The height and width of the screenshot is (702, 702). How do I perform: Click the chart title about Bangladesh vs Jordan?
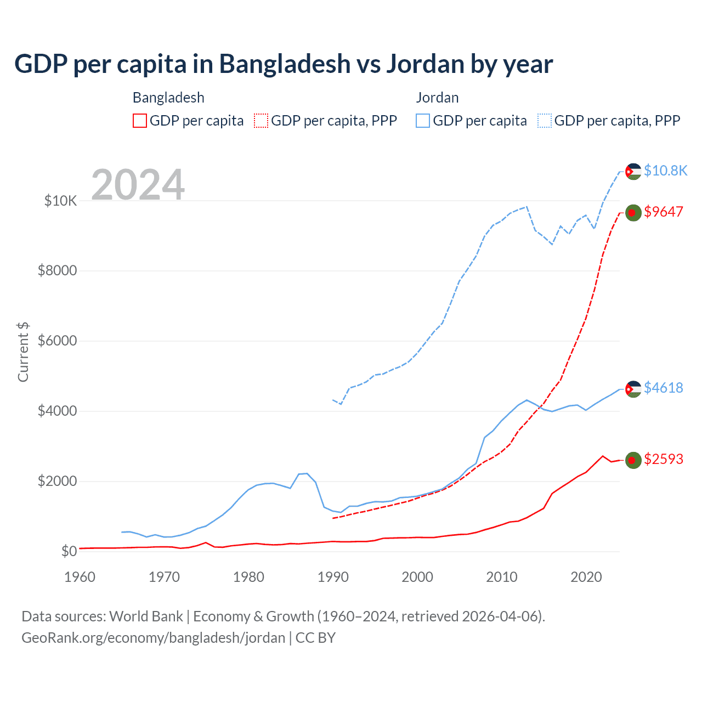[x=284, y=64]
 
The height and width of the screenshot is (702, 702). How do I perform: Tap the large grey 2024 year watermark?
[x=138, y=185]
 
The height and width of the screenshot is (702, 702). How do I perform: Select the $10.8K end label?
[x=665, y=171]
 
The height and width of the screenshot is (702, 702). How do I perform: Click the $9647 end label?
[x=664, y=212]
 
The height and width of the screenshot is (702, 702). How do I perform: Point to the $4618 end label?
[x=664, y=388]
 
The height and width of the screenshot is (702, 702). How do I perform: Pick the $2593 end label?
[x=664, y=459]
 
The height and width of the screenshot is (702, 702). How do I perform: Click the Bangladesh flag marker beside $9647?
[x=633, y=213]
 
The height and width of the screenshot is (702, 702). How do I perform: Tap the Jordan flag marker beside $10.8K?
[x=633, y=172]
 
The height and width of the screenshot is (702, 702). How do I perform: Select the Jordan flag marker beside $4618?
[x=633, y=389]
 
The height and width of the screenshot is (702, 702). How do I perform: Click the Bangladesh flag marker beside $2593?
[x=633, y=460]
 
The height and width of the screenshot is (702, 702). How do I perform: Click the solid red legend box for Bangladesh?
[x=140, y=121]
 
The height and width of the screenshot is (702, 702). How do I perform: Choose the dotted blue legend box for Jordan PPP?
[x=545, y=121]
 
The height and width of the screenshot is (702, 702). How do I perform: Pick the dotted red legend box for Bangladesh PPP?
[x=262, y=121]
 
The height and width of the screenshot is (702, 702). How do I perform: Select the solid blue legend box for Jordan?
[x=423, y=121]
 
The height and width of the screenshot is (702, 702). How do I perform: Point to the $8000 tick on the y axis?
[x=57, y=271]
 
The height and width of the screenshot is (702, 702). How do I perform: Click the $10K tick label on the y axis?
[x=60, y=201]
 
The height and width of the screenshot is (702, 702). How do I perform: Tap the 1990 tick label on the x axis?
[x=333, y=577]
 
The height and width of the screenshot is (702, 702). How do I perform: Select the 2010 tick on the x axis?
[x=502, y=577]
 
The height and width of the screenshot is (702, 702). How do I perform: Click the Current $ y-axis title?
[x=23, y=352]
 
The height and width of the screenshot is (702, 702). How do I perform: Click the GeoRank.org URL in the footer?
[x=153, y=638]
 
